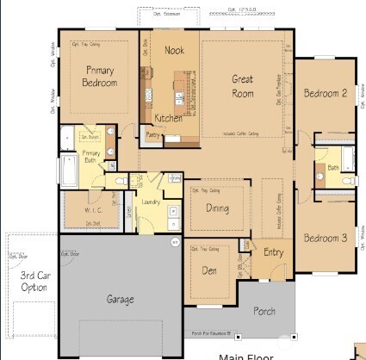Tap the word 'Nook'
click(x=175, y=51)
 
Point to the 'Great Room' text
click(x=243, y=85)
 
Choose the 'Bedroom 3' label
click(x=326, y=237)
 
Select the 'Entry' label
click(x=273, y=252)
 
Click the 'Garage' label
click(x=120, y=300)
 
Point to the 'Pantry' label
click(x=155, y=135)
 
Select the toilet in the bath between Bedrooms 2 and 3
click(x=344, y=182)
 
